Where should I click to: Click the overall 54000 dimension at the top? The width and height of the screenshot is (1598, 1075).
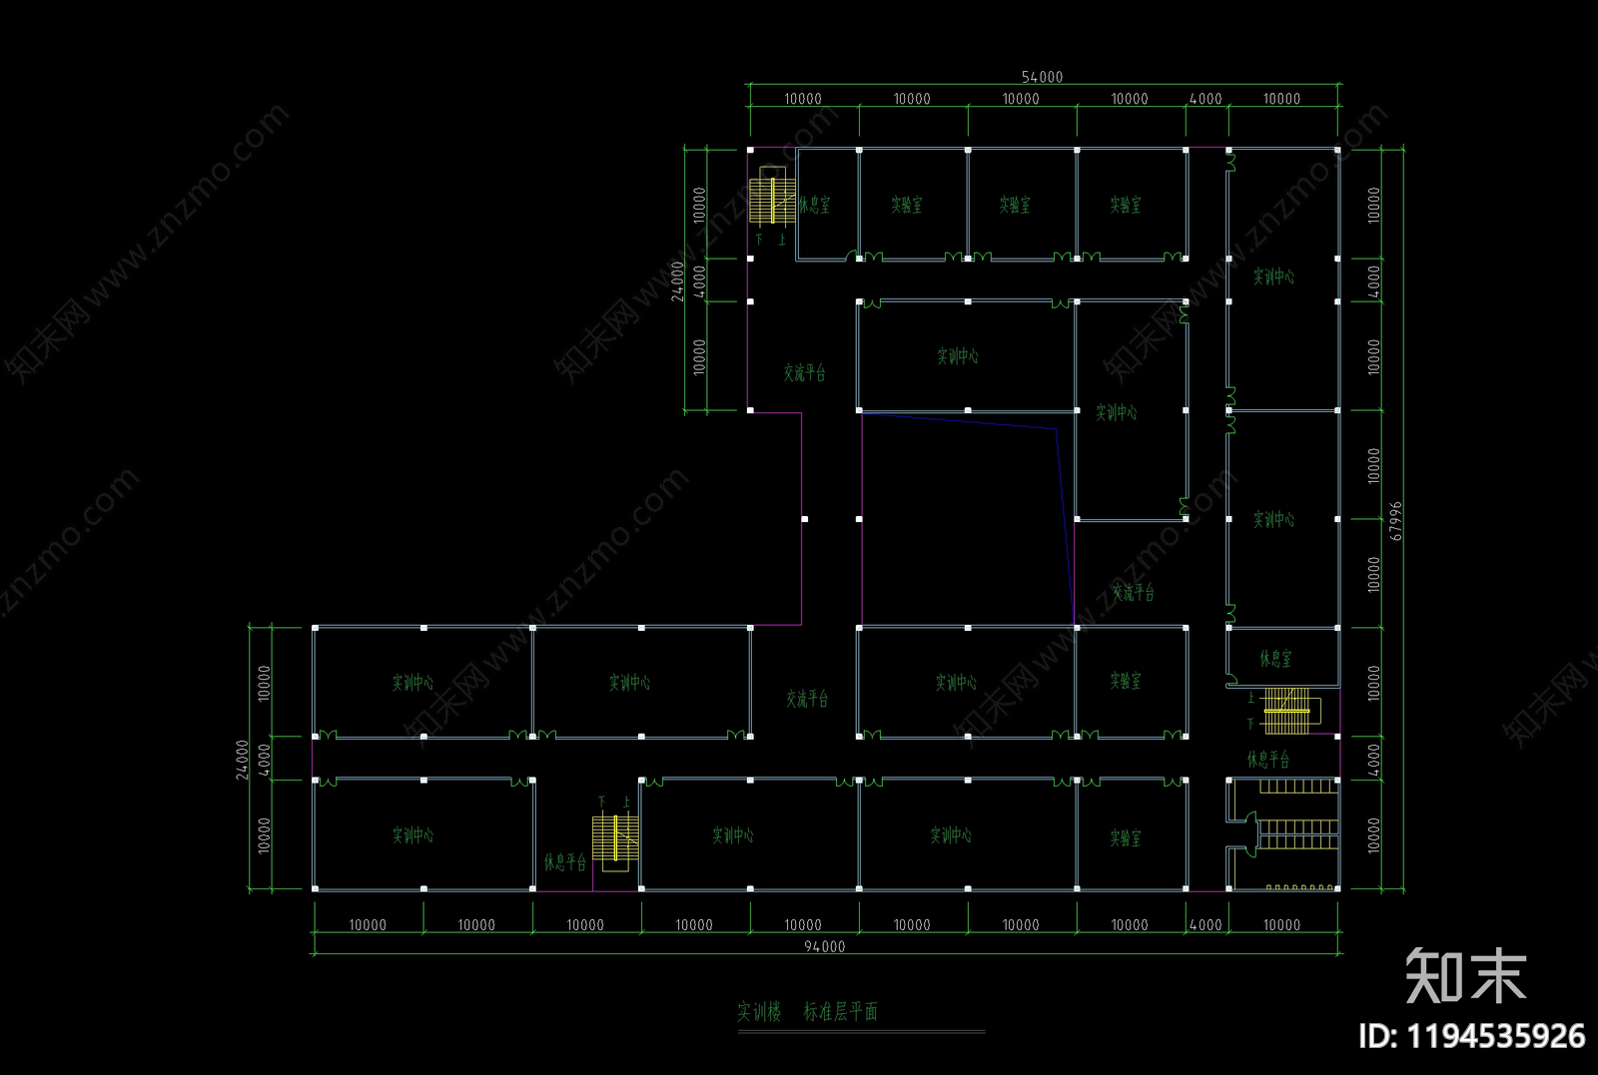tap(1042, 77)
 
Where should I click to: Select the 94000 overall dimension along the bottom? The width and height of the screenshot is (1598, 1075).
tap(824, 946)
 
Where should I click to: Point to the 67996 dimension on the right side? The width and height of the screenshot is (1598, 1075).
tap(1396, 520)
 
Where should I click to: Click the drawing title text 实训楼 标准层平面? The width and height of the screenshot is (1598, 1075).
tap(807, 1011)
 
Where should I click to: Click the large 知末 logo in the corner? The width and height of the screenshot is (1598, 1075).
tap(1465, 975)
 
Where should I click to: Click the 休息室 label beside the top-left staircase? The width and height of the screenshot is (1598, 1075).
tap(814, 205)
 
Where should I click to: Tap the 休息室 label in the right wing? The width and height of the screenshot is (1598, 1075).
tap(1275, 659)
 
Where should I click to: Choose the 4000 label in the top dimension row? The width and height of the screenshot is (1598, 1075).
tap(1205, 99)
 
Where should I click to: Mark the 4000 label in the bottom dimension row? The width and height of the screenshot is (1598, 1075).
tap(1205, 925)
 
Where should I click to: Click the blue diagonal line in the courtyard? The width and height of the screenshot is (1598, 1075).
tap(1065, 519)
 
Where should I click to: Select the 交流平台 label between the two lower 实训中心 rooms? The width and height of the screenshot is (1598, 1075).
tap(806, 699)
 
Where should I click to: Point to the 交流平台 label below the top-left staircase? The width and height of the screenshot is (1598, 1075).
tap(804, 372)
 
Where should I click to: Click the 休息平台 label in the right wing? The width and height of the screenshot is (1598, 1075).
tap(1267, 760)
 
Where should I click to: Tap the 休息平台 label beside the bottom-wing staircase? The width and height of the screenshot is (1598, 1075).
tap(565, 861)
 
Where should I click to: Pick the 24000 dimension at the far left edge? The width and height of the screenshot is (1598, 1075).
tap(243, 759)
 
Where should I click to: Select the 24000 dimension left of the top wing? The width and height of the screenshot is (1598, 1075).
tap(678, 280)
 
